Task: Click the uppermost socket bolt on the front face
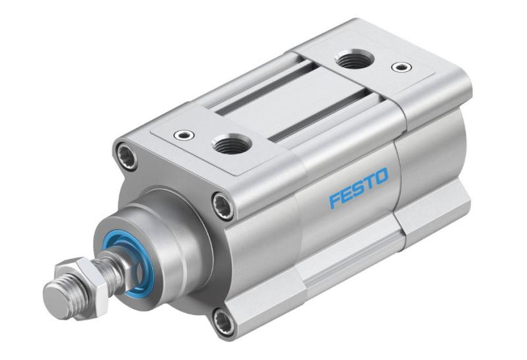point(125,155)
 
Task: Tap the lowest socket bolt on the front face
point(223,321)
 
